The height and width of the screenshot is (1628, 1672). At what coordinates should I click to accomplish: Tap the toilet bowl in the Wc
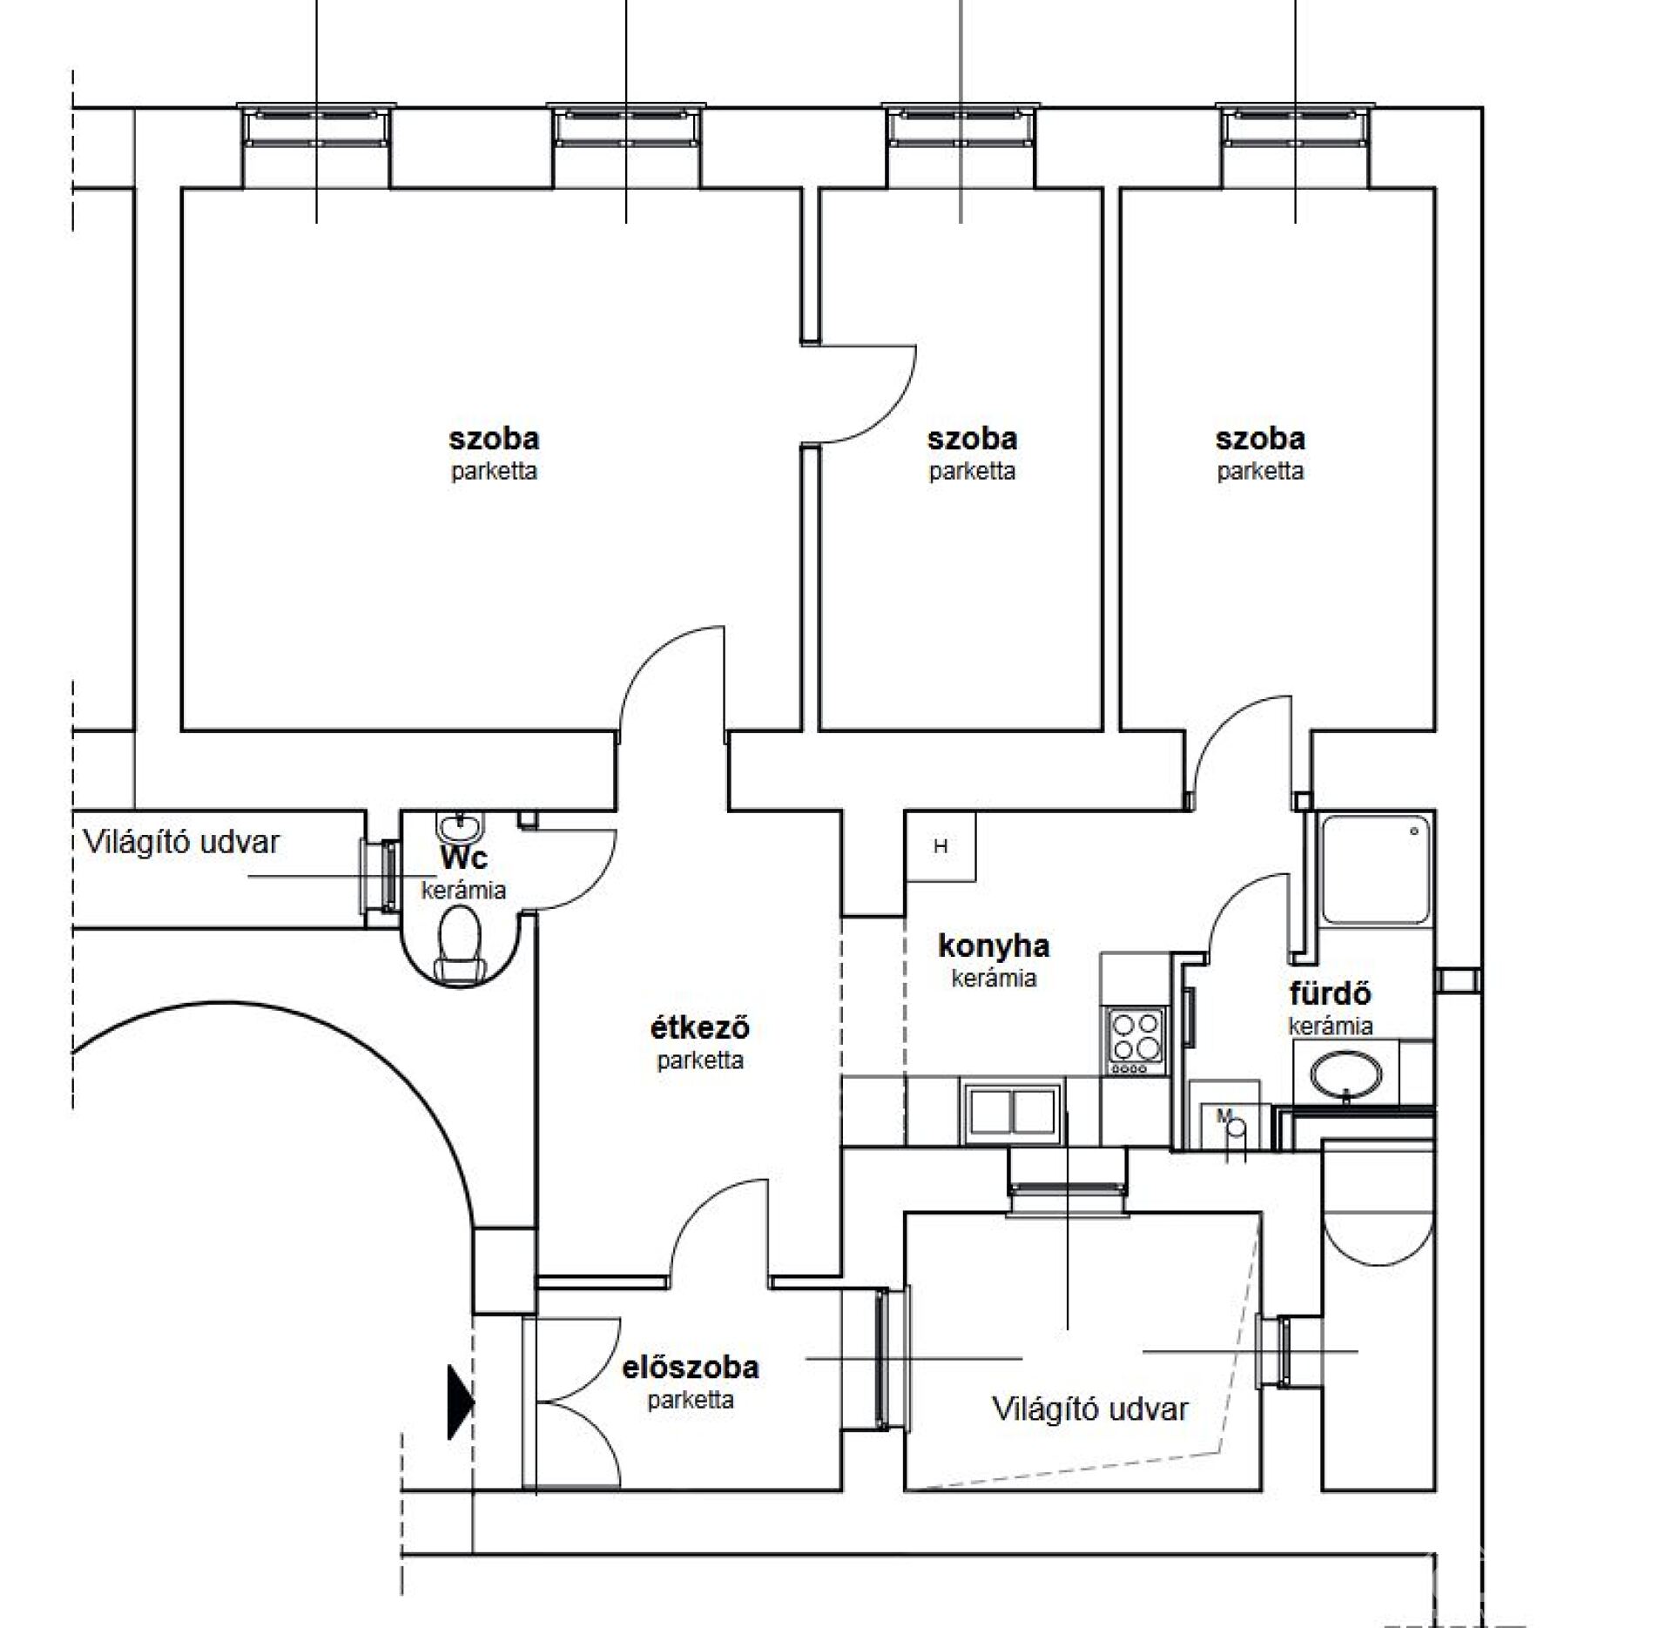pos(459,945)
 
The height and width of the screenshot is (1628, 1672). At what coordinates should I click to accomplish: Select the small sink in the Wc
pos(458,824)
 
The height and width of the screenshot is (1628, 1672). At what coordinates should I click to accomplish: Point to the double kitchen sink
pos(1012,1110)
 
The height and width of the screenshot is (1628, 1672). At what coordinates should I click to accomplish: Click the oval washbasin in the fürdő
pos(1346,1073)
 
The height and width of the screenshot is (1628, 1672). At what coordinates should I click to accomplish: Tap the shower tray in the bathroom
pos(1376,869)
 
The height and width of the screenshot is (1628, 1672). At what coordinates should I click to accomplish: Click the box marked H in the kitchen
pos(940,845)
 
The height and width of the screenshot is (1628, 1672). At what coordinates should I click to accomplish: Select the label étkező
pos(700,1027)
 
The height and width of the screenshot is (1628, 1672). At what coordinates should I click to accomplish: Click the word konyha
pos(994,945)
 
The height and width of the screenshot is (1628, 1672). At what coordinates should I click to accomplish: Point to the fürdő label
pos(1330,993)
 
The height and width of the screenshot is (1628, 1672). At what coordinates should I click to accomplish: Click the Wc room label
pos(464,858)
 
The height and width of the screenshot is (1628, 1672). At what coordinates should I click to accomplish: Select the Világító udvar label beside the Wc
pos(181,842)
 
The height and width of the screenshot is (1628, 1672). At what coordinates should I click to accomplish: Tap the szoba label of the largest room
pos(494,438)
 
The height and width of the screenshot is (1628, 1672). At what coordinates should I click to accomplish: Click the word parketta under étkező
pos(700,1060)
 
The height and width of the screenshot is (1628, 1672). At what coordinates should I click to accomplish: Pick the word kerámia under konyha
pos(994,978)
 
